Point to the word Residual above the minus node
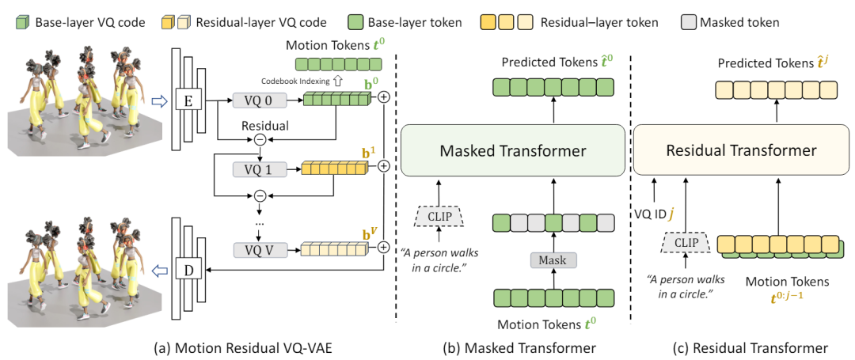click(x=265, y=125)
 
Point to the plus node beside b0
click(x=384, y=99)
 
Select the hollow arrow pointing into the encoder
click(x=160, y=100)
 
